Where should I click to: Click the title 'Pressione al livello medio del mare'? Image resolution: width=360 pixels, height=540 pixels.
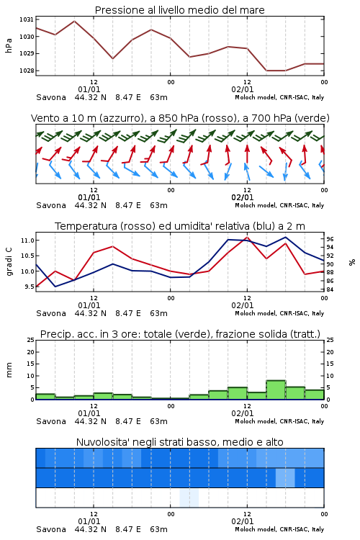coord(179,10)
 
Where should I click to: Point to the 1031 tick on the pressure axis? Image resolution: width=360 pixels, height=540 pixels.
coord(26,19)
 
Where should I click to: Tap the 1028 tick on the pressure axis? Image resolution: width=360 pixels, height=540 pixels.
coord(26,71)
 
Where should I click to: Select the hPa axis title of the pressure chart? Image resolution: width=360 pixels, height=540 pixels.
coord(9,45)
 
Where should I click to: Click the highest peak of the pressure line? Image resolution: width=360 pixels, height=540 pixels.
coord(74,21)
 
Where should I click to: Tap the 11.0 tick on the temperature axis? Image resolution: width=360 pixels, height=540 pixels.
coord(27,240)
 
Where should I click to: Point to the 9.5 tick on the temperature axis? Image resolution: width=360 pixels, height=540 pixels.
coord(29,287)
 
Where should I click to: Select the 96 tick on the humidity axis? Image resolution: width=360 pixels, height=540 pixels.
coord(330,239)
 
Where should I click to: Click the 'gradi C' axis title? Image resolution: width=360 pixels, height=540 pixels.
coord(9,261)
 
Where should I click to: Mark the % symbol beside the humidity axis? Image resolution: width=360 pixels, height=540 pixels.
coord(352,262)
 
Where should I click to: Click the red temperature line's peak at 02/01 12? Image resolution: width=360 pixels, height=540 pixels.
coord(247,237)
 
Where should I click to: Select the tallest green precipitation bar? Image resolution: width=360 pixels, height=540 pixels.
coord(276,390)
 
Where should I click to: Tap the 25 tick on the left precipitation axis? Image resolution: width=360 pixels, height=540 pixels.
coord(30,340)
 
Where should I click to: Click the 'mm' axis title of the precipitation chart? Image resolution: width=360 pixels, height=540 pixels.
coord(9,370)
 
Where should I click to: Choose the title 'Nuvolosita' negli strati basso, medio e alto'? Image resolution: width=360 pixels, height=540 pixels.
coord(179,442)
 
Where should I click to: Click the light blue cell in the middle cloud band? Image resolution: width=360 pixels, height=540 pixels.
coord(285,477)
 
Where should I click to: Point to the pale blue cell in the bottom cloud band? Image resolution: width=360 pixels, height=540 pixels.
coord(189,498)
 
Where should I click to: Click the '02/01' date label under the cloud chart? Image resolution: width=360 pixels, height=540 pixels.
coord(243,521)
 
